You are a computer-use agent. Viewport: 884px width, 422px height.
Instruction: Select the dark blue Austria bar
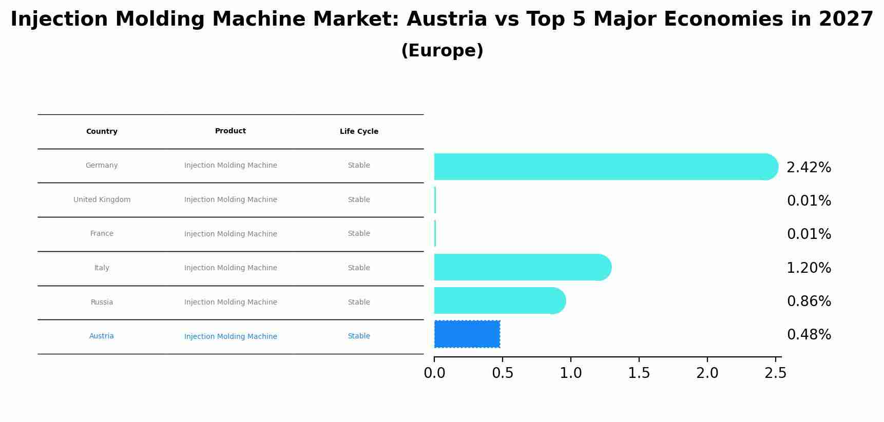click(x=467, y=334)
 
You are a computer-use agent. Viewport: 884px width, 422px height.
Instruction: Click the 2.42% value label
click(x=809, y=168)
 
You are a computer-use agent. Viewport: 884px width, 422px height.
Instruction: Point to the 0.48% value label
click(x=809, y=335)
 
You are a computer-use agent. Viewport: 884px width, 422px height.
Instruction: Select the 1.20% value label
click(x=809, y=268)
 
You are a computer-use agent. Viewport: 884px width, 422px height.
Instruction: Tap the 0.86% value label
click(x=809, y=302)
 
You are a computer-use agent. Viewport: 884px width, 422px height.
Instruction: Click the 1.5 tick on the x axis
click(x=639, y=373)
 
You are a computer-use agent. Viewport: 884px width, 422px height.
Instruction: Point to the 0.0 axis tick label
click(x=434, y=373)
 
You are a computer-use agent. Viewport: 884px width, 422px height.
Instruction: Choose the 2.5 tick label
click(x=775, y=373)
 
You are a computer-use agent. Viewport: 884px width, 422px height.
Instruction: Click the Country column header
click(x=102, y=132)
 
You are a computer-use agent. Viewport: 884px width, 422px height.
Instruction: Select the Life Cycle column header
click(x=359, y=132)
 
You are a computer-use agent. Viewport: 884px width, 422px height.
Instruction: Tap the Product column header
click(x=230, y=131)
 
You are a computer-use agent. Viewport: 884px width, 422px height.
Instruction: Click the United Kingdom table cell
click(x=102, y=200)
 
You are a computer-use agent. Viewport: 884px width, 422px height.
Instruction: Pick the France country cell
click(x=102, y=234)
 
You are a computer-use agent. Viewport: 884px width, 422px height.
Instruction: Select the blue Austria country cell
click(x=102, y=336)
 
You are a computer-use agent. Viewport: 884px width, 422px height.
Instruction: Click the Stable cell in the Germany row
click(x=359, y=166)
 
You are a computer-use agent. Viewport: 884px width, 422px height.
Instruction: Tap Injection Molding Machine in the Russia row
click(x=230, y=303)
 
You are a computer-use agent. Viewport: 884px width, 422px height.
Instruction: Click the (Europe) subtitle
click(x=442, y=51)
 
